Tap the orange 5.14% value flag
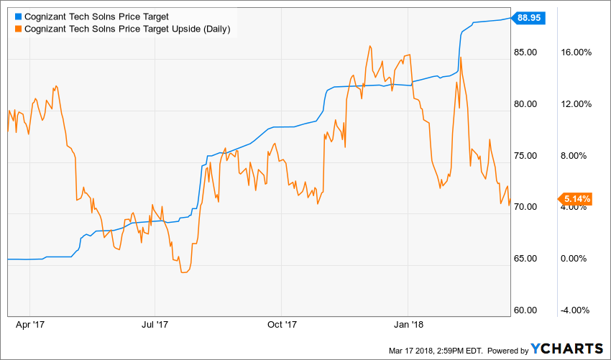click(x=575, y=198)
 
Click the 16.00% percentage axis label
click(x=575, y=52)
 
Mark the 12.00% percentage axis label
click(x=575, y=104)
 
